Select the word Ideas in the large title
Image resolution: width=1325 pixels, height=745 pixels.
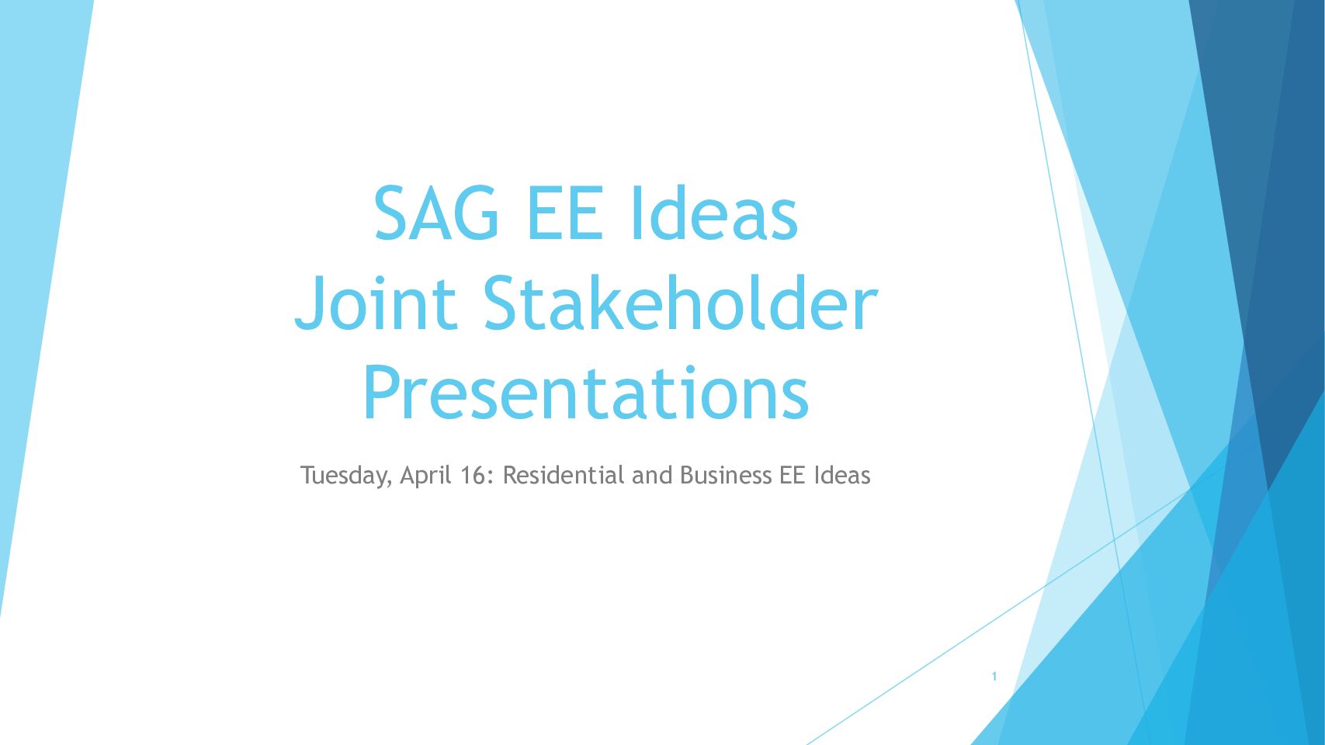pos(715,212)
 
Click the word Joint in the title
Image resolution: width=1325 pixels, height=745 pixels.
pos(376,303)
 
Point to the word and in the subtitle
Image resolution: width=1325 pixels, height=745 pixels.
pos(653,475)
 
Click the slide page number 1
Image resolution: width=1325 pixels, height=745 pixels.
pos(994,677)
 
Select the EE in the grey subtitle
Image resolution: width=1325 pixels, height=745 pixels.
pos(793,475)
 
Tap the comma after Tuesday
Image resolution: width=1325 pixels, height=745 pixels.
pos(388,484)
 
